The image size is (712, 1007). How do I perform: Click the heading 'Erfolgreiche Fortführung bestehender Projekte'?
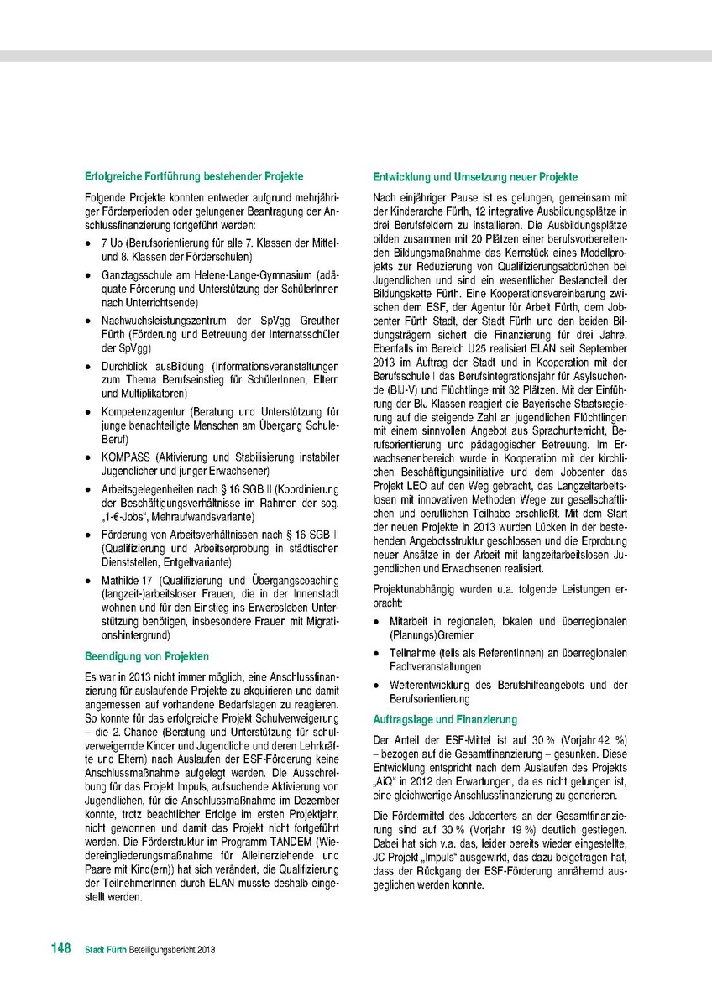coord(194,177)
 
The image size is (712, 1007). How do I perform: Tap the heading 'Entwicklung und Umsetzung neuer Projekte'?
coord(475,177)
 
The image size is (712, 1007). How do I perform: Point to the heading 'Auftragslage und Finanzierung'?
coord(445,719)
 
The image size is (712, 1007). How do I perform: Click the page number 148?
coord(60,948)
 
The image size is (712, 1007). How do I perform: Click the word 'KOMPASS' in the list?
coord(123,458)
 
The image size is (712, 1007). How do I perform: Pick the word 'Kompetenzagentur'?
coord(140,412)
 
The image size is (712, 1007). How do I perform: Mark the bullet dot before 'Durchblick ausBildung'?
coord(90,367)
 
